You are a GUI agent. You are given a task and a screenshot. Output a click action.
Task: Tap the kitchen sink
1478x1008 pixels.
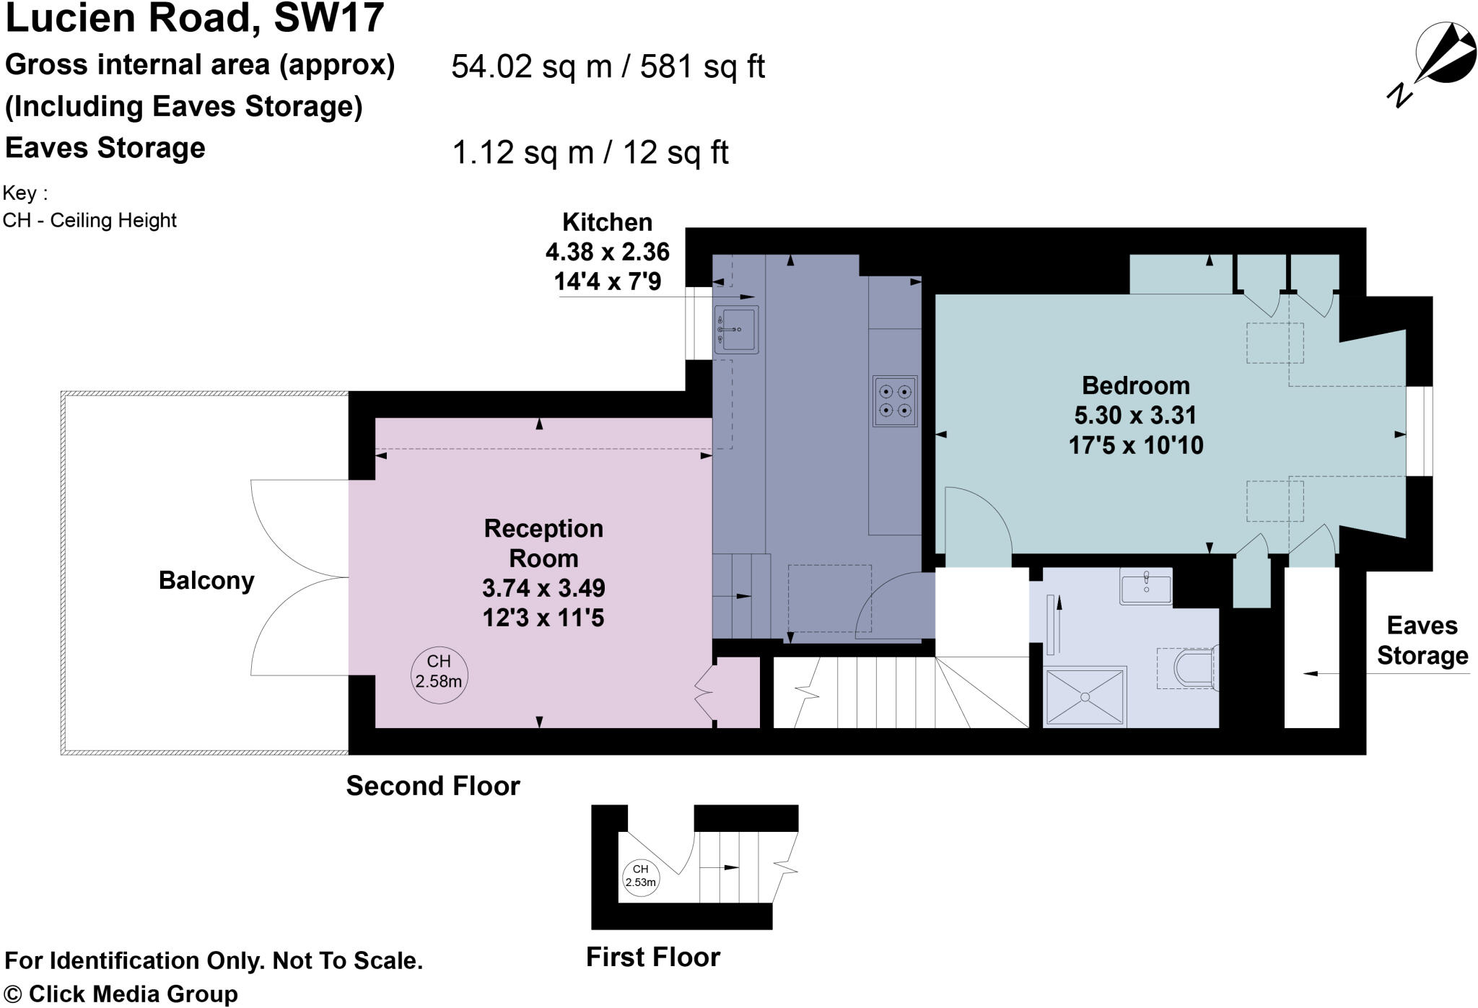pyautogui.click(x=736, y=330)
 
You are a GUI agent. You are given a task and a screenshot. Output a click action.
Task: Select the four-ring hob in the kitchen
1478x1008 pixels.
pyautogui.click(x=895, y=401)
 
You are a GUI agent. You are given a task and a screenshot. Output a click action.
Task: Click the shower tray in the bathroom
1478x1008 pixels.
pyautogui.click(x=1085, y=696)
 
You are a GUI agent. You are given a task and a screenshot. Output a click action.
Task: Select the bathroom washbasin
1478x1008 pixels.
pyautogui.click(x=1145, y=587)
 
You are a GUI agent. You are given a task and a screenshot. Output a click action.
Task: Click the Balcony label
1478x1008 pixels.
pyautogui.click(x=206, y=581)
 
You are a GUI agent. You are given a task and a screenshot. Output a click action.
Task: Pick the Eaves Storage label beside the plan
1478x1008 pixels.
pyautogui.click(x=1422, y=641)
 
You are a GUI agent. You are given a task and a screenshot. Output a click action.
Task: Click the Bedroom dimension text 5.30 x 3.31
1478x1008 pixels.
pyautogui.click(x=1135, y=416)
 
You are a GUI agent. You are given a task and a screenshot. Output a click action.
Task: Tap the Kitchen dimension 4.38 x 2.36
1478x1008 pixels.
pyautogui.click(x=607, y=252)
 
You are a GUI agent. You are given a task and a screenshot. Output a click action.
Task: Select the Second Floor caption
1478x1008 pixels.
pyautogui.click(x=433, y=786)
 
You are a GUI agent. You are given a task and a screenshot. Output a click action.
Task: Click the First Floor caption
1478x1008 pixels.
pyautogui.click(x=652, y=957)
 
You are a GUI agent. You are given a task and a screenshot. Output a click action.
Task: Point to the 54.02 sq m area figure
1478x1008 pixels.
pyautogui.click(x=531, y=67)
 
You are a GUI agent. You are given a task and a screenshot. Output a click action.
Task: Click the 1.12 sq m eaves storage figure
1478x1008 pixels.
pyautogui.click(x=522, y=153)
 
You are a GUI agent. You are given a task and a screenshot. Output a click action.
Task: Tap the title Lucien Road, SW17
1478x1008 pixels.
pyautogui.click(x=194, y=18)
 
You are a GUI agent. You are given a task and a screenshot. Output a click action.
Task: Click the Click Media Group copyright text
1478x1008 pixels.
pyautogui.click(x=121, y=994)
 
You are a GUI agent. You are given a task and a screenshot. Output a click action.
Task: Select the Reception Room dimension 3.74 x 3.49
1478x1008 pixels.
pyautogui.click(x=543, y=588)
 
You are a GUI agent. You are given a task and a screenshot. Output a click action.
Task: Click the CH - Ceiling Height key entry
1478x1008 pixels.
pyautogui.click(x=89, y=220)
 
